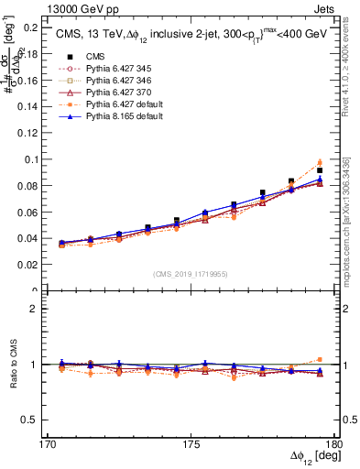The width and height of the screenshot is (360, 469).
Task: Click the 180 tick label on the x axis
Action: pyautogui.click(x=333, y=444)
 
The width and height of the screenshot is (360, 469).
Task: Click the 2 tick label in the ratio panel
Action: pyautogui.click(x=39, y=309)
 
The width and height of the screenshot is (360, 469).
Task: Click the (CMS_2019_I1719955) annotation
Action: pyautogui.click(x=190, y=273)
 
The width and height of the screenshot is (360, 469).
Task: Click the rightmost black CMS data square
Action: pyautogui.click(x=320, y=170)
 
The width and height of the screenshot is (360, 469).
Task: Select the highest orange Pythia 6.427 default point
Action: pyautogui.click(x=320, y=162)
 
